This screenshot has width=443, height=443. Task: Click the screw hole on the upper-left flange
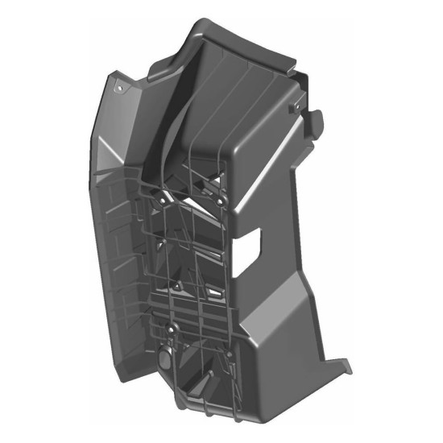[x=120, y=84]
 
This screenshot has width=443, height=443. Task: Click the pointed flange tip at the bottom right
[x=348, y=369]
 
